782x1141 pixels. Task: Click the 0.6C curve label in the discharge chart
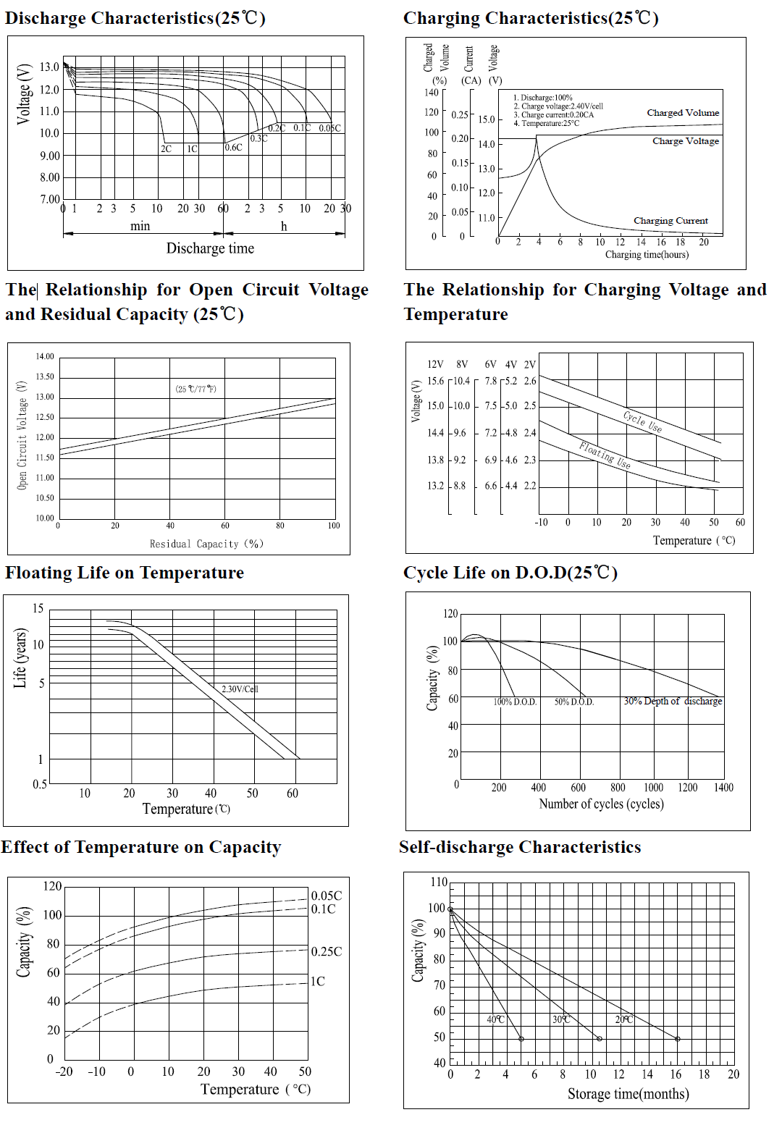click(234, 148)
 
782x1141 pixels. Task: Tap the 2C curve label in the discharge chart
click(166, 149)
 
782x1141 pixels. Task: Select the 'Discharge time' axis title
click(210, 248)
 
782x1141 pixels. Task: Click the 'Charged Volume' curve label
click(683, 113)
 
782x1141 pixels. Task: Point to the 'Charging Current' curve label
click(670, 221)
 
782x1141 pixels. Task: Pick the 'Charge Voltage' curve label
click(685, 141)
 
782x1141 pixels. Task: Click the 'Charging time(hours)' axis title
click(647, 255)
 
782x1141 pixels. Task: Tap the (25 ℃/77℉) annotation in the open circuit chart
click(195, 389)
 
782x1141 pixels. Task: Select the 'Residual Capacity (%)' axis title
click(206, 544)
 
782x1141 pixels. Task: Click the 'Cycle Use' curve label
click(642, 422)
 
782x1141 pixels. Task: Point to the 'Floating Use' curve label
click(605, 455)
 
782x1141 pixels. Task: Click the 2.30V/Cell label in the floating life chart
click(240, 689)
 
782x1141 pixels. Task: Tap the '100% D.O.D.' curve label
click(515, 702)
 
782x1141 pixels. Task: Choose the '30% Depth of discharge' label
click(673, 702)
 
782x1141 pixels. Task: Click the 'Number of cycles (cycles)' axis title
click(601, 804)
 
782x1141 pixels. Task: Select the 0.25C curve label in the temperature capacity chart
click(327, 951)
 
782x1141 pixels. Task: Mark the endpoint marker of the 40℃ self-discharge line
click(521, 1039)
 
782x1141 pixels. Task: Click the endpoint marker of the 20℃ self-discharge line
click(678, 1039)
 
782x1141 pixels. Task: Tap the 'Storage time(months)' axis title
click(628, 1094)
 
